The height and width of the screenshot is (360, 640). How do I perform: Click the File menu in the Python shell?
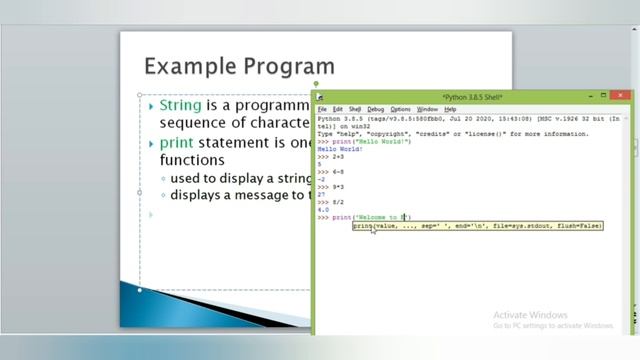pyautogui.click(x=323, y=109)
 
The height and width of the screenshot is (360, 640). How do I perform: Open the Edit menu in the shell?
pyautogui.click(x=338, y=109)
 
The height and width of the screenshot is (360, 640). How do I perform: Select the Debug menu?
pyautogui.click(x=375, y=109)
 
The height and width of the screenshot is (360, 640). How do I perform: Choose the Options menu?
pyautogui.click(x=400, y=109)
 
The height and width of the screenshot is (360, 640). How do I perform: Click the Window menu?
pyautogui.click(x=427, y=109)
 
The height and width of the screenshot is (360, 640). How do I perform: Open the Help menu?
pyautogui.click(x=450, y=109)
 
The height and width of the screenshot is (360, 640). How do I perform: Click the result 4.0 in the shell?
pyautogui.click(x=323, y=209)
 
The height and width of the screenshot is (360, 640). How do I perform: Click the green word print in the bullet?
pyautogui.click(x=176, y=143)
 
